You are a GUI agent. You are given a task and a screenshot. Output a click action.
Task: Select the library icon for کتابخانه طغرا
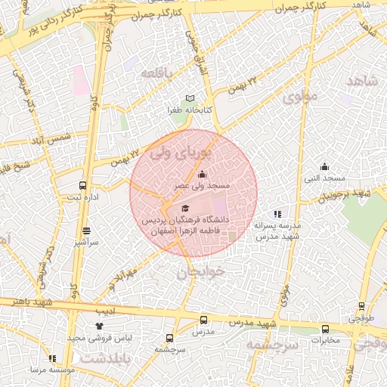tap(190, 98)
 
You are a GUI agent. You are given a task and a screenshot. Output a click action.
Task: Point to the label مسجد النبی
tap(324, 178)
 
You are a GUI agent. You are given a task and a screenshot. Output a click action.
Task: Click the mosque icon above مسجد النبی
tap(325, 167)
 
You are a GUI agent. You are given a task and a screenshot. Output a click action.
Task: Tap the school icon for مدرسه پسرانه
tap(278, 214)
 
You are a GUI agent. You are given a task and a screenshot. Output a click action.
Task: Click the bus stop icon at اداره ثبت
tap(83, 185)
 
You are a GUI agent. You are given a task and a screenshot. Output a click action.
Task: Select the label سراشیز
tap(85, 242)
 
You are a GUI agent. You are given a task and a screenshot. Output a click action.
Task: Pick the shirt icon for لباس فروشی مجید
tap(98, 326)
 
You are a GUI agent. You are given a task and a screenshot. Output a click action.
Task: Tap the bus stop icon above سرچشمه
tap(169, 338)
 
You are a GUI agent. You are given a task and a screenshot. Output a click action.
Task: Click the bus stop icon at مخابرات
tap(326, 329)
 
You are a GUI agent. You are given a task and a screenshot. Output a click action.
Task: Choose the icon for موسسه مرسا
tap(52, 358)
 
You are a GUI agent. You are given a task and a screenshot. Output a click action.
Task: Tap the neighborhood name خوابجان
tap(201, 272)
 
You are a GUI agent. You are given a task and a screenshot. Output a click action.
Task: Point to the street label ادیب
tap(106, 311)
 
